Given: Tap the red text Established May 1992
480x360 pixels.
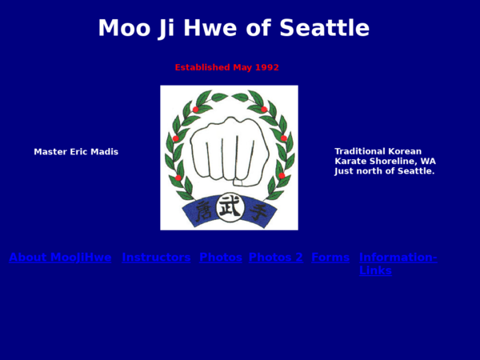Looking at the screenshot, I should coord(226,67).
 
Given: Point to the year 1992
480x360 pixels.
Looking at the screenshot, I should coord(266,67).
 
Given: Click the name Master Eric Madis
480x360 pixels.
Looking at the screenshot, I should coord(76,152).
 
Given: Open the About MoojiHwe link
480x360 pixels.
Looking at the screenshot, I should coord(60,258).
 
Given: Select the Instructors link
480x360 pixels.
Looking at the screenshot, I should coord(156,258).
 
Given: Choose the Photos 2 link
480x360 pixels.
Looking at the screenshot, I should coord(276,258).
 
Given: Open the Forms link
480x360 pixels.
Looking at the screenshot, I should coord(330,258).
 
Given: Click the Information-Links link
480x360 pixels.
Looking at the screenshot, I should coord(398,258).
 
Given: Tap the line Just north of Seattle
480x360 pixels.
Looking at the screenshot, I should coord(384,171).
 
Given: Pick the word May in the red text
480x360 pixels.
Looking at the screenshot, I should coord(242,67).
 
